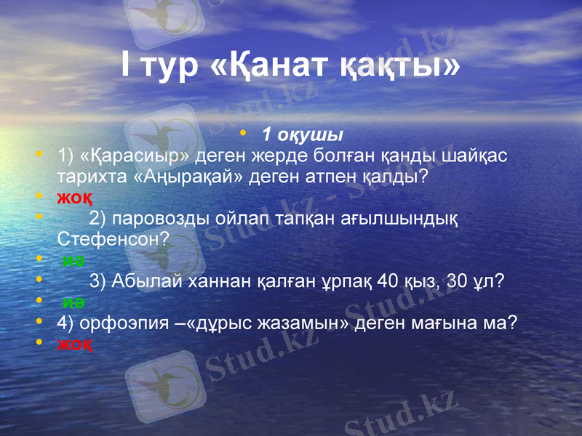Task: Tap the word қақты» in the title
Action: (x=400, y=66)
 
